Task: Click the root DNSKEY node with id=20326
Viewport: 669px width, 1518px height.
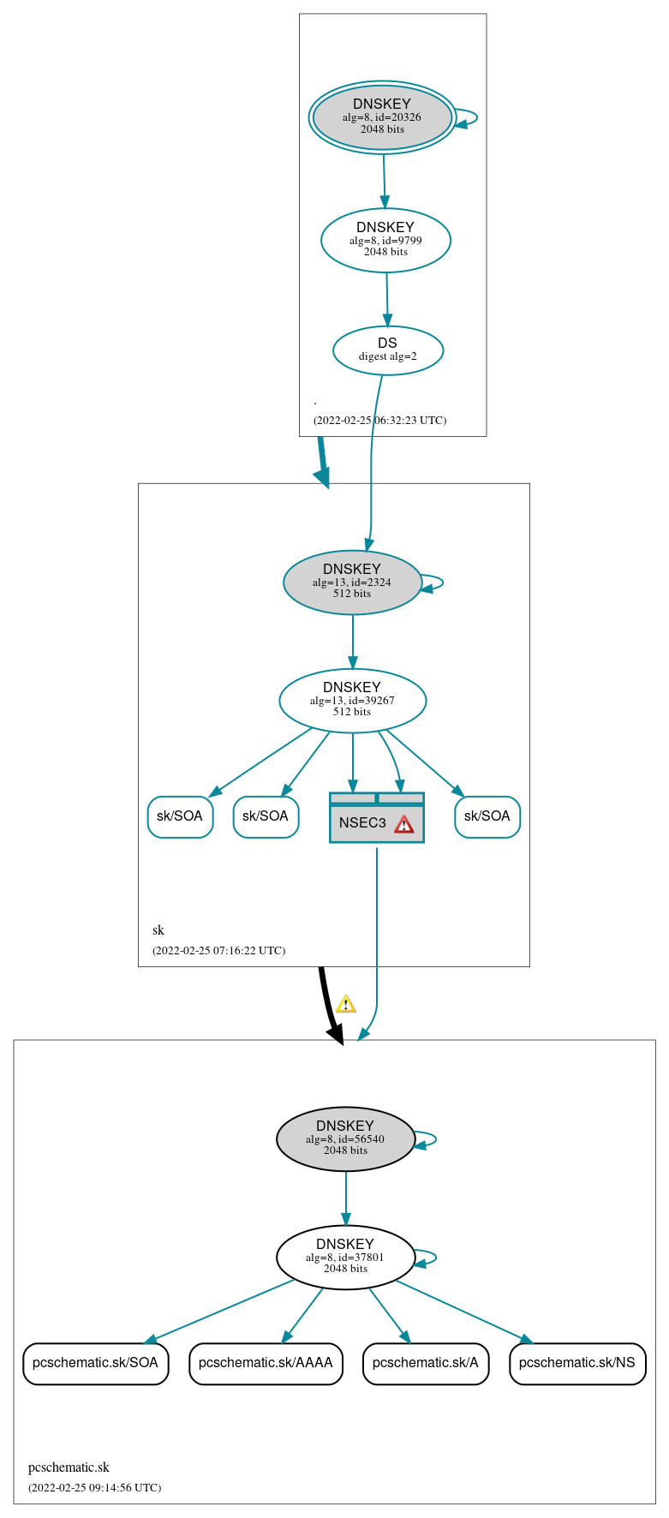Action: point(382,117)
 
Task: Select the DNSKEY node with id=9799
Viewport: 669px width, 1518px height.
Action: point(385,240)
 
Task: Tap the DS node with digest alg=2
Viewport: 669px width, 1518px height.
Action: point(388,350)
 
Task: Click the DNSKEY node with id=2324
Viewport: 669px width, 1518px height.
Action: point(352,583)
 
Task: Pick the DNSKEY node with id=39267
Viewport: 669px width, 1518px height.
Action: point(352,701)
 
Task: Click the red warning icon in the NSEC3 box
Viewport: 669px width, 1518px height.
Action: point(403,824)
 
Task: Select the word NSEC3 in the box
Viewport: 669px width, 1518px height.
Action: point(362,823)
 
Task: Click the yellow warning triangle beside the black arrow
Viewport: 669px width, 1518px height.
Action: point(345,1004)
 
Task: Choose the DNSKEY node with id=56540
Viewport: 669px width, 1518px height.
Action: point(345,1138)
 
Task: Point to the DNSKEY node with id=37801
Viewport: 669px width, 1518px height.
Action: point(345,1257)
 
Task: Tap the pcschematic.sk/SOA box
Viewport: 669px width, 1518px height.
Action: point(95,1363)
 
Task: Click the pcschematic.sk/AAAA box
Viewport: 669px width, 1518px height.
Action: point(266,1363)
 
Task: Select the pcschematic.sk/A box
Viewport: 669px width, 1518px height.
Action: point(426,1363)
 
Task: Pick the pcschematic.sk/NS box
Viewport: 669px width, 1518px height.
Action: point(577,1363)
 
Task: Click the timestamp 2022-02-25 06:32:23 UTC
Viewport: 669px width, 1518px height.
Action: point(379,421)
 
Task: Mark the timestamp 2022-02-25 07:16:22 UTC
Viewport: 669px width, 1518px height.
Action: point(218,951)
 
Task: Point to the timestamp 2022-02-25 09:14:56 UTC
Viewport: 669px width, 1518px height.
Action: point(94,1488)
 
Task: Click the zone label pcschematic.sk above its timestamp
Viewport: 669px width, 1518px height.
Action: point(69,1467)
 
